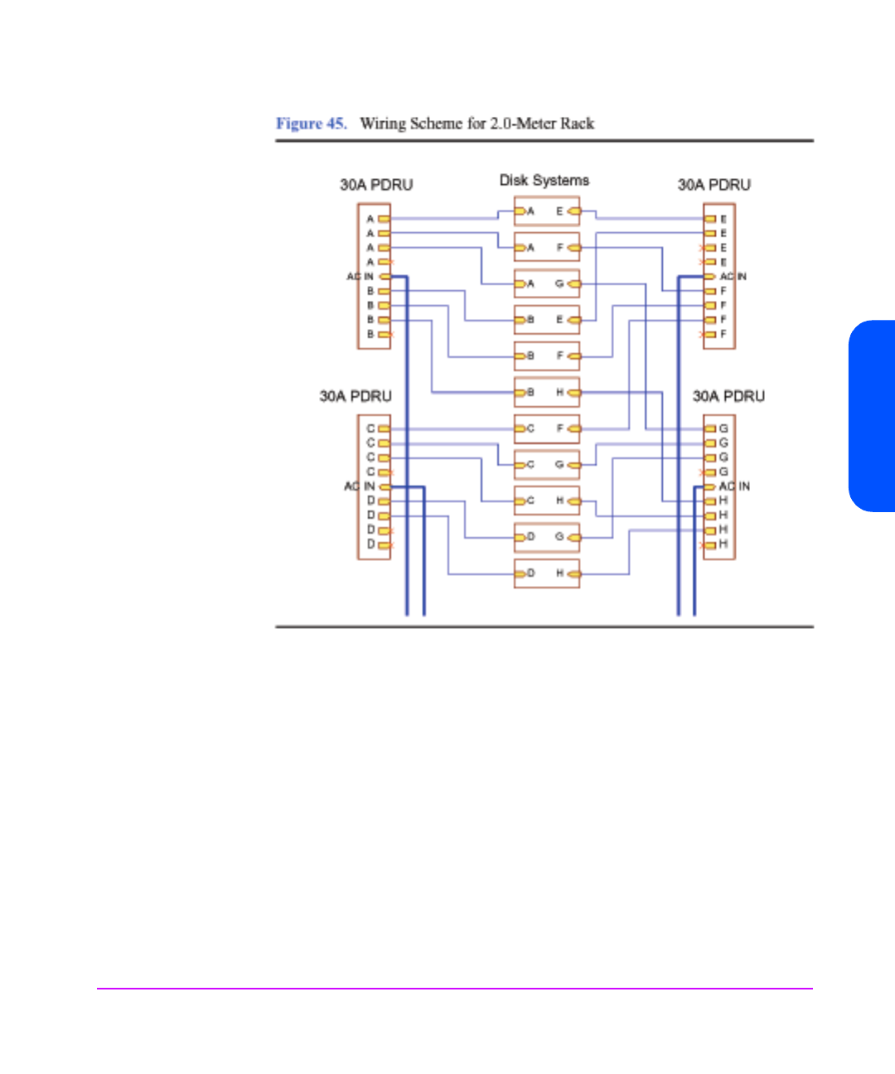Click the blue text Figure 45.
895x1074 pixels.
[x=311, y=123]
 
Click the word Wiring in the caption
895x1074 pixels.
[x=383, y=123]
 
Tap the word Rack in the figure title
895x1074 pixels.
[x=577, y=123]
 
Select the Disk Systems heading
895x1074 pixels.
[x=544, y=180]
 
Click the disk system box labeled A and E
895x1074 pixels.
[x=546, y=211]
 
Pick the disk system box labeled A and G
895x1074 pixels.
[x=546, y=283]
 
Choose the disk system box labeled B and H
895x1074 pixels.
[x=546, y=392]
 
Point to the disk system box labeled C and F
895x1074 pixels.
[x=546, y=428]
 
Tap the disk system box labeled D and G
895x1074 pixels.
[x=546, y=537]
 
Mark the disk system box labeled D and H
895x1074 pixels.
[x=546, y=573]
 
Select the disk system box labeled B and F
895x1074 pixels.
[x=546, y=356]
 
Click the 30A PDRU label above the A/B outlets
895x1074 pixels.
[x=376, y=185]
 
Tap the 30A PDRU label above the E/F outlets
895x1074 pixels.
[x=714, y=185]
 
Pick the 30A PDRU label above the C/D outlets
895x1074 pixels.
[x=356, y=396]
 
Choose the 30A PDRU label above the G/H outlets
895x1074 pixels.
[x=728, y=396]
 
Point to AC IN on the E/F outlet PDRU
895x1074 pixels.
[x=733, y=276]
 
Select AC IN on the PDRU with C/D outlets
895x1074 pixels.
[x=360, y=486]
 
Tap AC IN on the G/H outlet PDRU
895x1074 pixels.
[x=734, y=486]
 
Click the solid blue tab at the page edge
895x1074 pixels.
[x=873, y=415]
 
